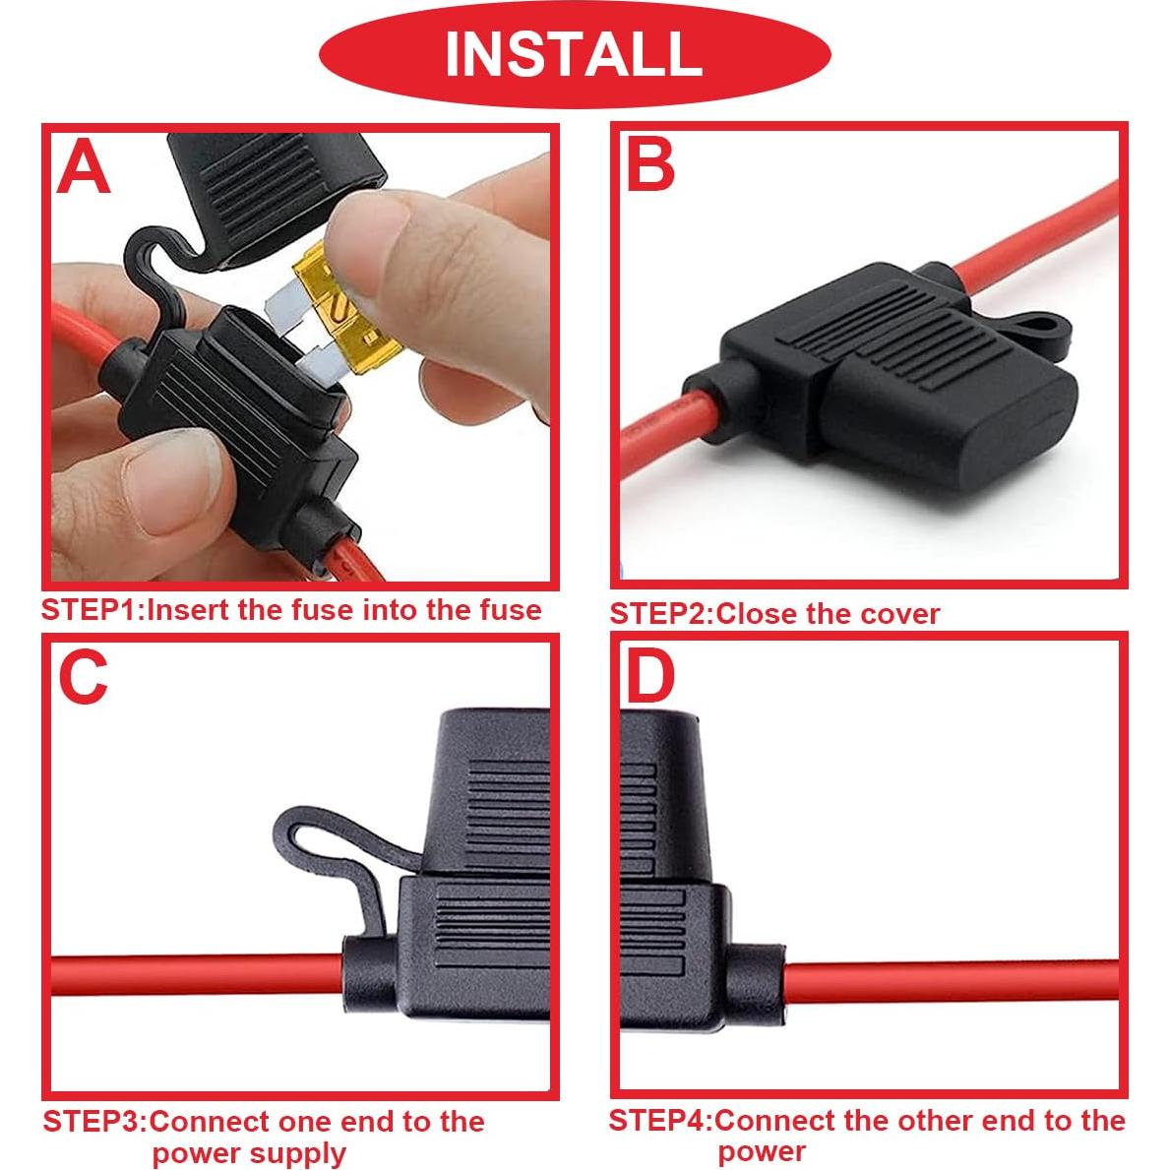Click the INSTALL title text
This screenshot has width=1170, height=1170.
574,53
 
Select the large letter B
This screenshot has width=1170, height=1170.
650,163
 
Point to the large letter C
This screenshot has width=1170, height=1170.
83,677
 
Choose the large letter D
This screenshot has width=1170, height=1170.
650,676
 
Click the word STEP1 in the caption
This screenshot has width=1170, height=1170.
92,610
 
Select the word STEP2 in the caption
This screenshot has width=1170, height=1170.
660,614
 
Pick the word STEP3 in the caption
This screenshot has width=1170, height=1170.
94,1122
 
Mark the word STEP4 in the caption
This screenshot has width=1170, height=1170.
660,1120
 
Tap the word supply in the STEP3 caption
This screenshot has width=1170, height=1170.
296,1153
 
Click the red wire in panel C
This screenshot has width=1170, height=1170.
197,974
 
